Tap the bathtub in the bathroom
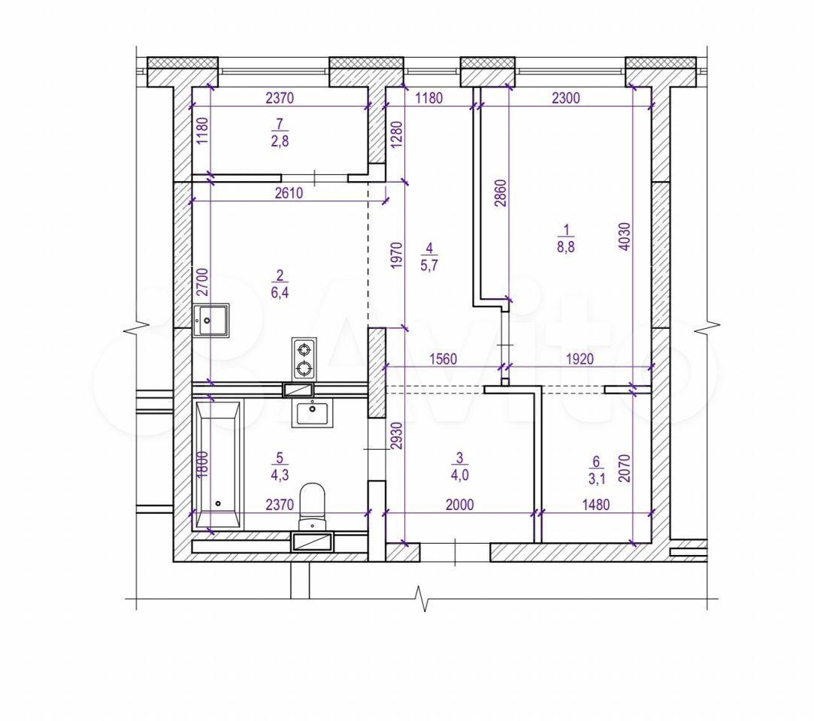click(218, 463)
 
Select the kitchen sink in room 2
click(211, 321)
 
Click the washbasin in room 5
click(312, 413)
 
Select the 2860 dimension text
click(500, 193)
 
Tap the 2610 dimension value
click(289, 193)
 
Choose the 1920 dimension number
click(579, 359)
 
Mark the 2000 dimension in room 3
click(459, 504)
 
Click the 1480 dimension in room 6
click(595, 504)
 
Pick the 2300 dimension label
click(565, 98)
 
